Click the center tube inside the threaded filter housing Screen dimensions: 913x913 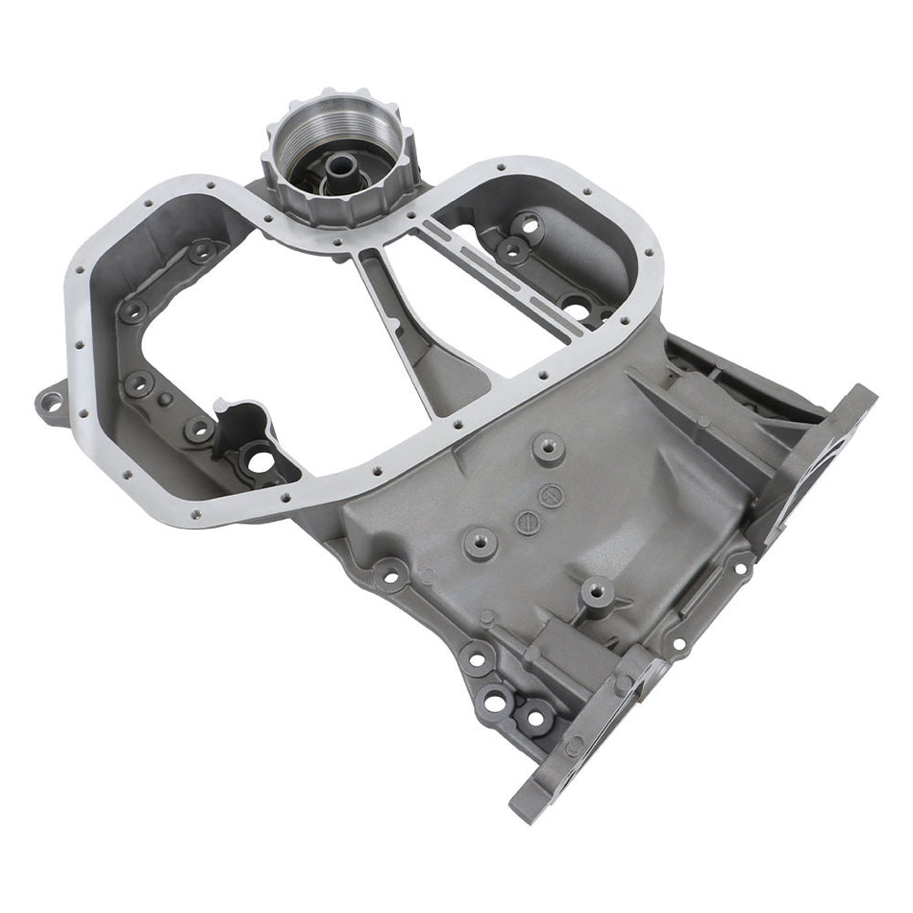[x=339, y=165]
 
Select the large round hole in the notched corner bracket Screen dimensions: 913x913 [x=259, y=461]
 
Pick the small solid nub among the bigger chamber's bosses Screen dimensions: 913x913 [x=165, y=398]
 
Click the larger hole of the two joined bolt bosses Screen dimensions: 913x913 [x=496, y=703]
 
